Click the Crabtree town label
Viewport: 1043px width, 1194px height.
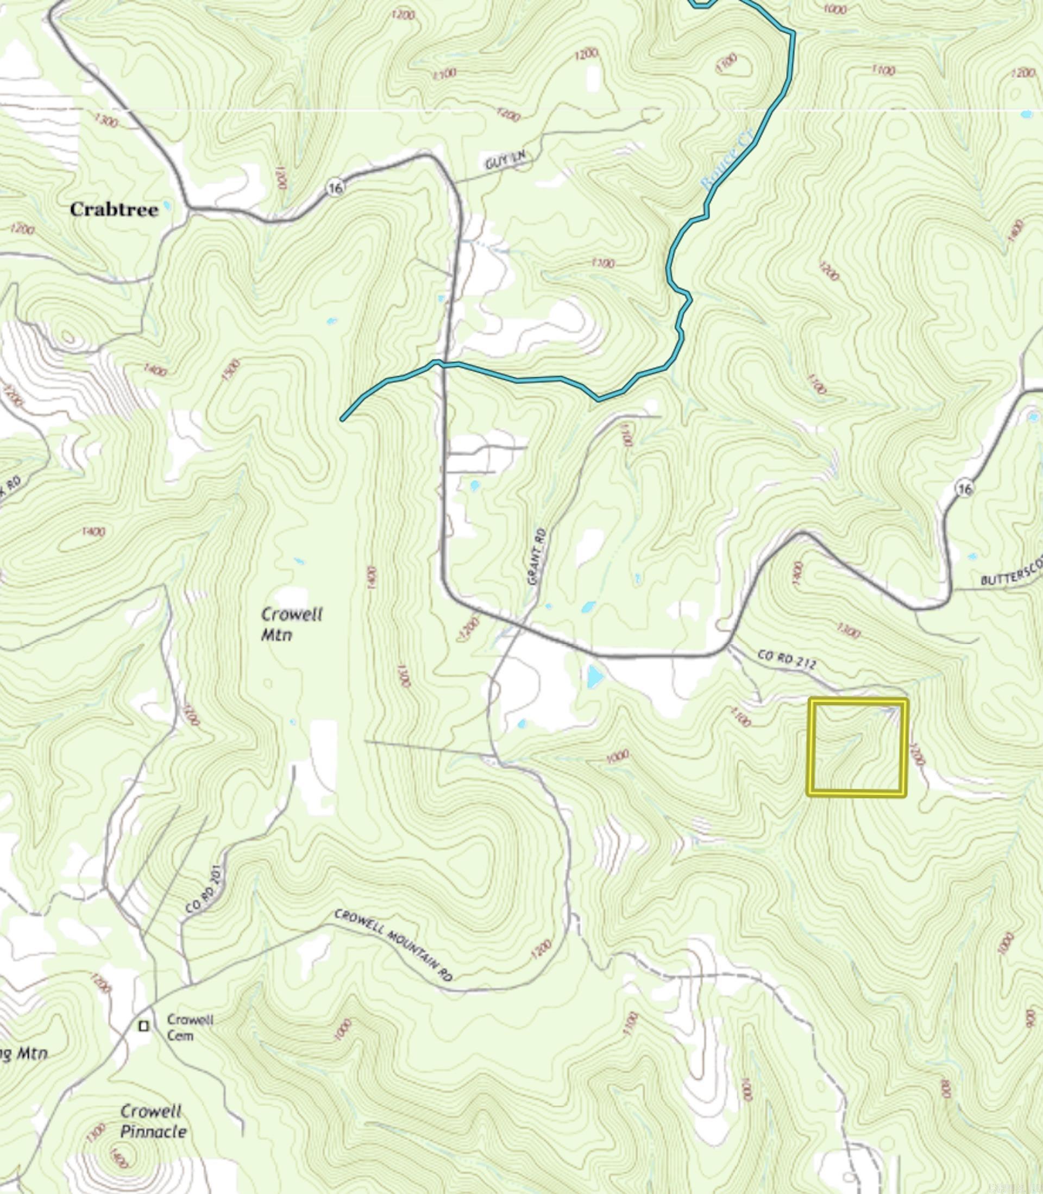pos(114,210)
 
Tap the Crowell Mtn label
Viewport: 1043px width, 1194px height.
pos(291,623)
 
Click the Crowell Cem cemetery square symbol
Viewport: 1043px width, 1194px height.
pos(144,1026)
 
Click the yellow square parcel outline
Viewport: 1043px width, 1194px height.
pos(857,747)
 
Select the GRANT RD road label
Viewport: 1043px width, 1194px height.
pos(537,556)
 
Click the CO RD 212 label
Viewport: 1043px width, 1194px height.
pos(787,659)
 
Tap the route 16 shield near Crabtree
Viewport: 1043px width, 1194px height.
pos(335,187)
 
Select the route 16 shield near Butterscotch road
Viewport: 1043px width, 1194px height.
pos(964,489)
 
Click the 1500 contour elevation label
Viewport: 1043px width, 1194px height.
pos(231,370)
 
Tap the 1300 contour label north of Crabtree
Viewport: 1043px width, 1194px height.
pos(105,121)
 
